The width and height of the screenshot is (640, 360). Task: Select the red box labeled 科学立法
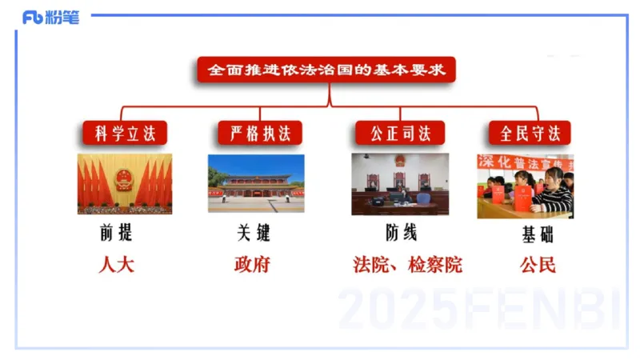coord(125,133)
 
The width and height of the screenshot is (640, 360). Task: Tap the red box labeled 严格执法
coord(259,133)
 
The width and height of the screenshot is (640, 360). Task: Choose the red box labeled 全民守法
coord(529,133)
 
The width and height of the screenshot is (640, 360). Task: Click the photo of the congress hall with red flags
coord(125,183)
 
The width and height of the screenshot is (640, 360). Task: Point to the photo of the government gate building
coord(256,183)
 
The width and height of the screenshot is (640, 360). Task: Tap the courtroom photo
coord(400,183)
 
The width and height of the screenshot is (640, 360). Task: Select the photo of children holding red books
coord(526,186)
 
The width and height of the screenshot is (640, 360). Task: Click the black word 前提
coord(116,234)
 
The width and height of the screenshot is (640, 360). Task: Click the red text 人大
coord(116,265)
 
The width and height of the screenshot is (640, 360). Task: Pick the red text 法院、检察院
coord(408,265)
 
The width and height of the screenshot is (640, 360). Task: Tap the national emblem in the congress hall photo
coord(125,177)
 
